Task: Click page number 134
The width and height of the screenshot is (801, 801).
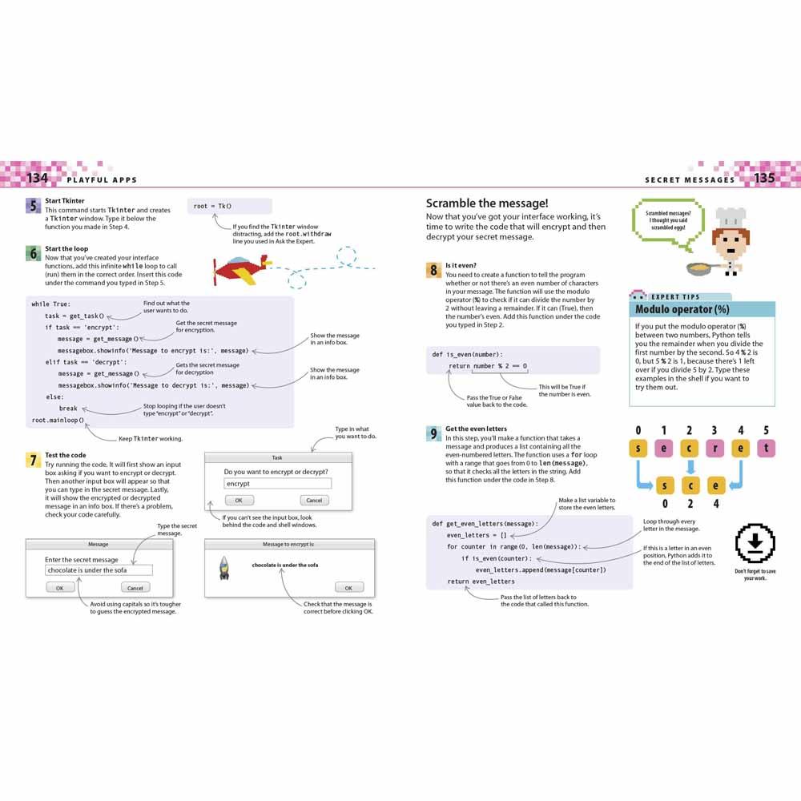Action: (x=37, y=178)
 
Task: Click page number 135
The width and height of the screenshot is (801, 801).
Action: (x=765, y=178)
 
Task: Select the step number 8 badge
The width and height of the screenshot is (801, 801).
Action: (x=433, y=270)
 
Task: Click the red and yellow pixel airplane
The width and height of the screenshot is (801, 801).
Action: (x=239, y=270)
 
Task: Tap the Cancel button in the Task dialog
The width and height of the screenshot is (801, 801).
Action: (x=314, y=500)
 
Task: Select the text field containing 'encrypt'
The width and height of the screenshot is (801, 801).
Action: (x=276, y=484)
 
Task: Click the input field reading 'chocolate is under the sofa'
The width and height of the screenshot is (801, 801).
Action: (x=98, y=570)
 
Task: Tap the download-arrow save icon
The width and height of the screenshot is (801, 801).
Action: (x=755, y=545)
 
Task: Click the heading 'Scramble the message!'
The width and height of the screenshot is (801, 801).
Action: (x=487, y=203)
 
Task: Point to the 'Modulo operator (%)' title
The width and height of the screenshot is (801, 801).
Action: (x=682, y=309)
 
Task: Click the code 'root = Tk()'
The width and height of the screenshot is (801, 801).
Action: (x=212, y=206)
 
